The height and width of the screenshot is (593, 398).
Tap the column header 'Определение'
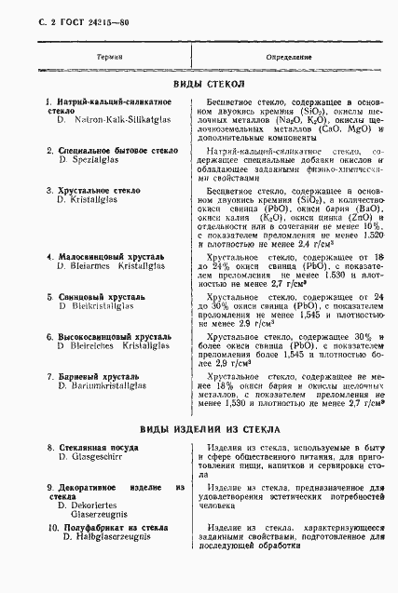[291, 58]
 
